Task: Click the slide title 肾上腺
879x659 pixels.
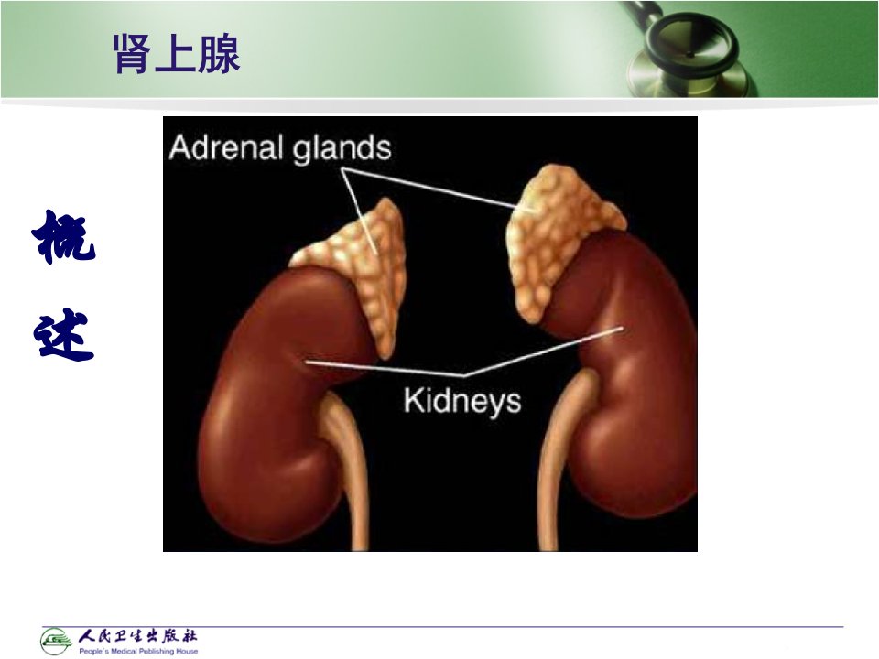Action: pos(177,54)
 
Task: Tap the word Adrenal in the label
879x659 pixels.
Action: pos(225,148)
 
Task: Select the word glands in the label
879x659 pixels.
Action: pos(342,149)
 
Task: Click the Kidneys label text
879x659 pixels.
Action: pos(462,401)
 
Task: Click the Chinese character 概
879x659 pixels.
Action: pos(64,236)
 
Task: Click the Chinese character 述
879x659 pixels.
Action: pos(63,334)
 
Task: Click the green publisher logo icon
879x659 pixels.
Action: pos(56,641)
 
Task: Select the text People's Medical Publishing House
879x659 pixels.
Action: pos(138,651)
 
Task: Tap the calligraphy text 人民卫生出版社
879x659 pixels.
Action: pos(137,636)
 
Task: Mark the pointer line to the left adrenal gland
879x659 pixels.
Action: pos(359,210)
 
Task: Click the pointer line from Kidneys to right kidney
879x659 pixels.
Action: pos(543,351)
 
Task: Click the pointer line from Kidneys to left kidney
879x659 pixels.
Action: pos(385,368)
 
